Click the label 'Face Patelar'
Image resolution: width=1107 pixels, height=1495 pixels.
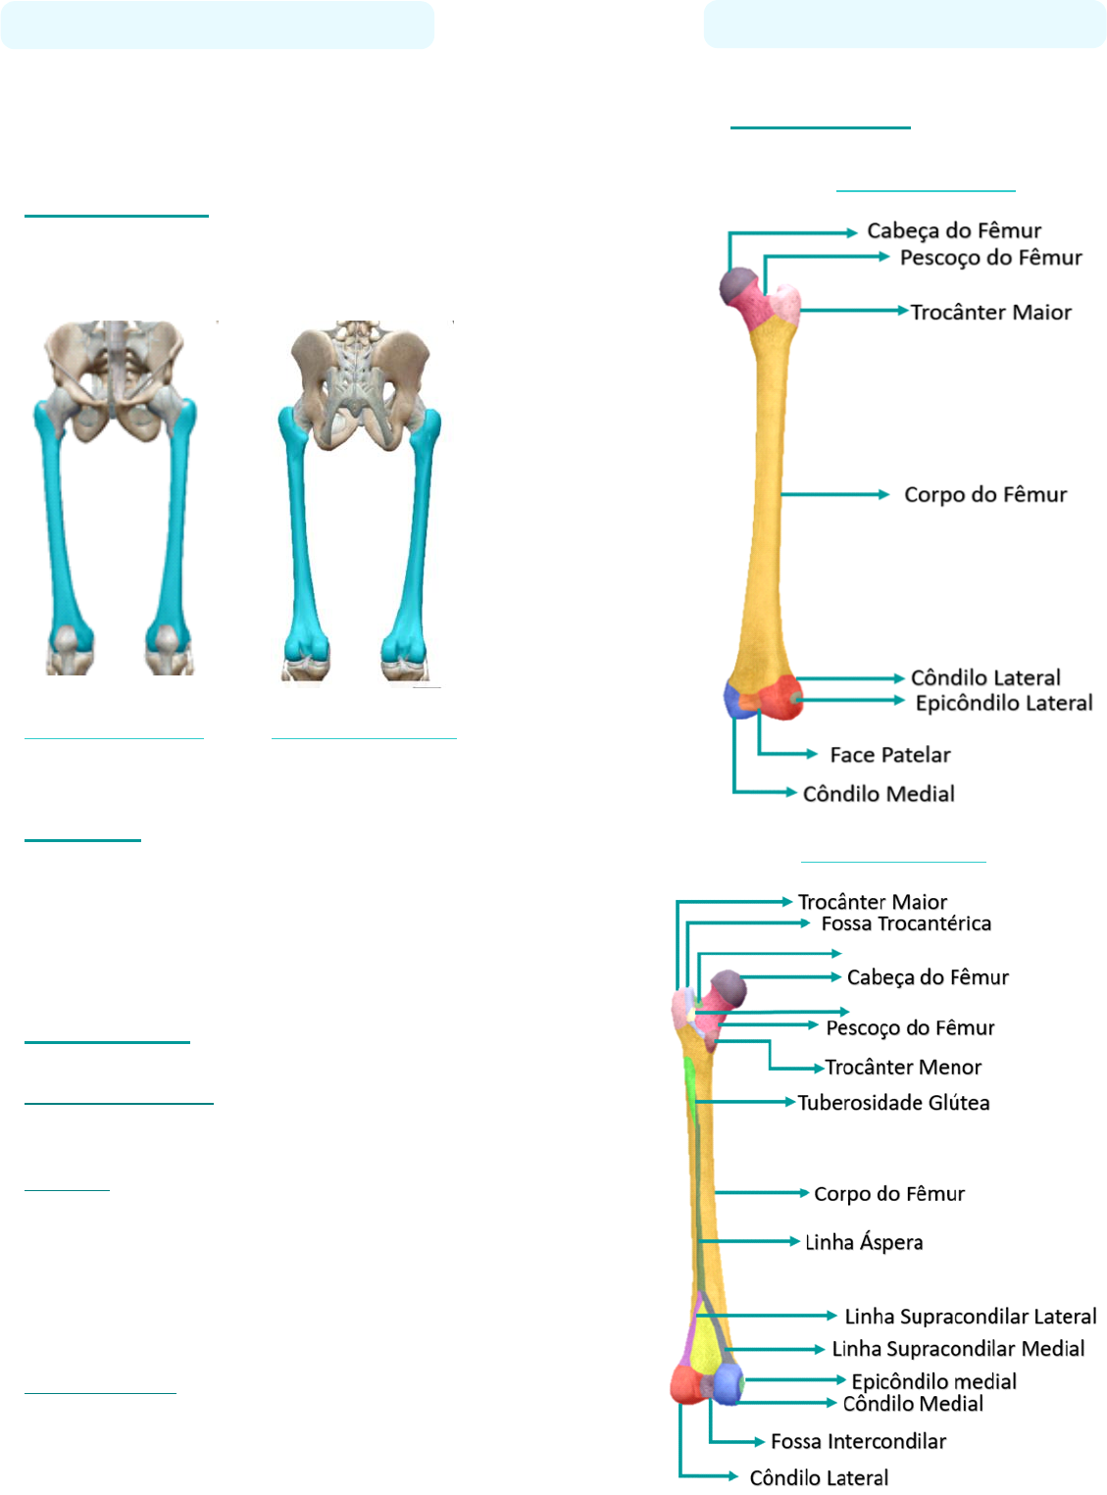pos(890,755)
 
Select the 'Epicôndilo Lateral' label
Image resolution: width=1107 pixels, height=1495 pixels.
pos(1003,703)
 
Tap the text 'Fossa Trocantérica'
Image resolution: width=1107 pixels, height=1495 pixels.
pos(906,923)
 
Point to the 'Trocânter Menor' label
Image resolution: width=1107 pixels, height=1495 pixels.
pos(903,1067)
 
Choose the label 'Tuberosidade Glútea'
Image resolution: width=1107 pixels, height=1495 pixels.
pos(893,1103)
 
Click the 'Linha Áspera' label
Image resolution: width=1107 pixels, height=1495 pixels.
pos(864,1241)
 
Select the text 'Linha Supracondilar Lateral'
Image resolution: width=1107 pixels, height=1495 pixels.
pos(971,1317)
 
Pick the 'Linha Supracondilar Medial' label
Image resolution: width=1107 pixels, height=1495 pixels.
pos(958,1349)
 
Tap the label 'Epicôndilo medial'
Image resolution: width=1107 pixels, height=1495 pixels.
pos(933,1381)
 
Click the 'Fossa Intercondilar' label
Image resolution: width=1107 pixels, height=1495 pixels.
pos(858,1441)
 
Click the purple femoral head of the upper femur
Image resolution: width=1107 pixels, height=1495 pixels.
pos(738,286)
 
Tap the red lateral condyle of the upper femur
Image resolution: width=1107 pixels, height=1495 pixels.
pos(780,697)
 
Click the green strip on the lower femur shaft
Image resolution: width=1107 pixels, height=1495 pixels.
pos(689,1078)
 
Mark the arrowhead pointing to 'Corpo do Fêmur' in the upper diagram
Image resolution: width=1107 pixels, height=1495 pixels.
pos(883,495)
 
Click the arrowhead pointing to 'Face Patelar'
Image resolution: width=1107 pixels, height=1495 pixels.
pos(811,754)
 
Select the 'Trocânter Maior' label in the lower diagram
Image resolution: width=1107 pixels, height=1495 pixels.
pos(873,902)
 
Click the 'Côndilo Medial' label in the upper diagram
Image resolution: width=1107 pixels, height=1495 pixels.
pos(879,794)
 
